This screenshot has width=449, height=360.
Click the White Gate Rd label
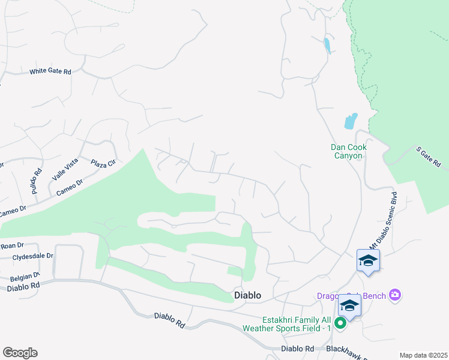click(x=50, y=72)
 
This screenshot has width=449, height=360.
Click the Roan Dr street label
click(x=11, y=245)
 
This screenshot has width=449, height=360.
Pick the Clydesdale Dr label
click(x=33, y=256)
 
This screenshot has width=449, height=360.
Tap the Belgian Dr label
click(x=25, y=278)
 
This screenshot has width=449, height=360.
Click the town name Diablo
click(x=247, y=295)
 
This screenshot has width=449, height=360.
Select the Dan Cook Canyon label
click(x=348, y=151)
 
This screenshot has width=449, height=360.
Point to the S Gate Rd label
click(x=429, y=156)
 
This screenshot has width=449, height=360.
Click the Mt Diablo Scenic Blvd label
click(x=383, y=221)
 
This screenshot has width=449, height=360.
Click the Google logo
click(x=20, y=353)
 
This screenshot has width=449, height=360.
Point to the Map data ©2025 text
click(x=423, y=355)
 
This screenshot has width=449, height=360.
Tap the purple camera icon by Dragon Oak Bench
click(x=394, y=294)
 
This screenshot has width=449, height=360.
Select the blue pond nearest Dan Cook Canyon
click(x=351, y=121)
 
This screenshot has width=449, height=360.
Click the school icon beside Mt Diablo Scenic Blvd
click(x=367, y=260)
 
